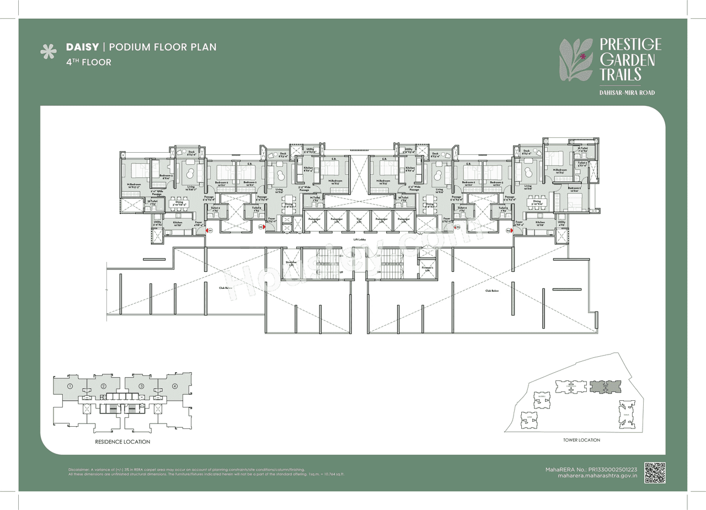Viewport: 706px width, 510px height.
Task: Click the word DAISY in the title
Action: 82,47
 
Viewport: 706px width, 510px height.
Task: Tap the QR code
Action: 655,473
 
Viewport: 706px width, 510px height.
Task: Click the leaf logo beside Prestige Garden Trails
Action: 576,60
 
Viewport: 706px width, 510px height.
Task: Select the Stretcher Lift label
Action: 291,263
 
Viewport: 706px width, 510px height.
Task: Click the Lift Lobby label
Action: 360,239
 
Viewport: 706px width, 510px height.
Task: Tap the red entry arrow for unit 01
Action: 206,232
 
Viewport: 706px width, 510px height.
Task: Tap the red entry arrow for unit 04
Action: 513,232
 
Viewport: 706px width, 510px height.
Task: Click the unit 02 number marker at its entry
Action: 261,227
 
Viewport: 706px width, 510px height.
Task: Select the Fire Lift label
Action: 359,219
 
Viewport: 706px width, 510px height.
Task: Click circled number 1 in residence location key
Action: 70,386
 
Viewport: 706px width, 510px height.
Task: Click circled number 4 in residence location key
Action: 175,386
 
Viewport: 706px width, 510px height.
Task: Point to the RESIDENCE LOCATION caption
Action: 122,442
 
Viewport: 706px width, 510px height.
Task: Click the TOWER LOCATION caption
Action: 581,440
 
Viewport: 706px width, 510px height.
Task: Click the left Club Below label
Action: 225,288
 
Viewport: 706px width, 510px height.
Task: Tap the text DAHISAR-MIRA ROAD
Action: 627,93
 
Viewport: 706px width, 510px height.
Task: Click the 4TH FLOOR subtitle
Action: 88,62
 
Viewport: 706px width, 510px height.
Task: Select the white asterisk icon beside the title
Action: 49,51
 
